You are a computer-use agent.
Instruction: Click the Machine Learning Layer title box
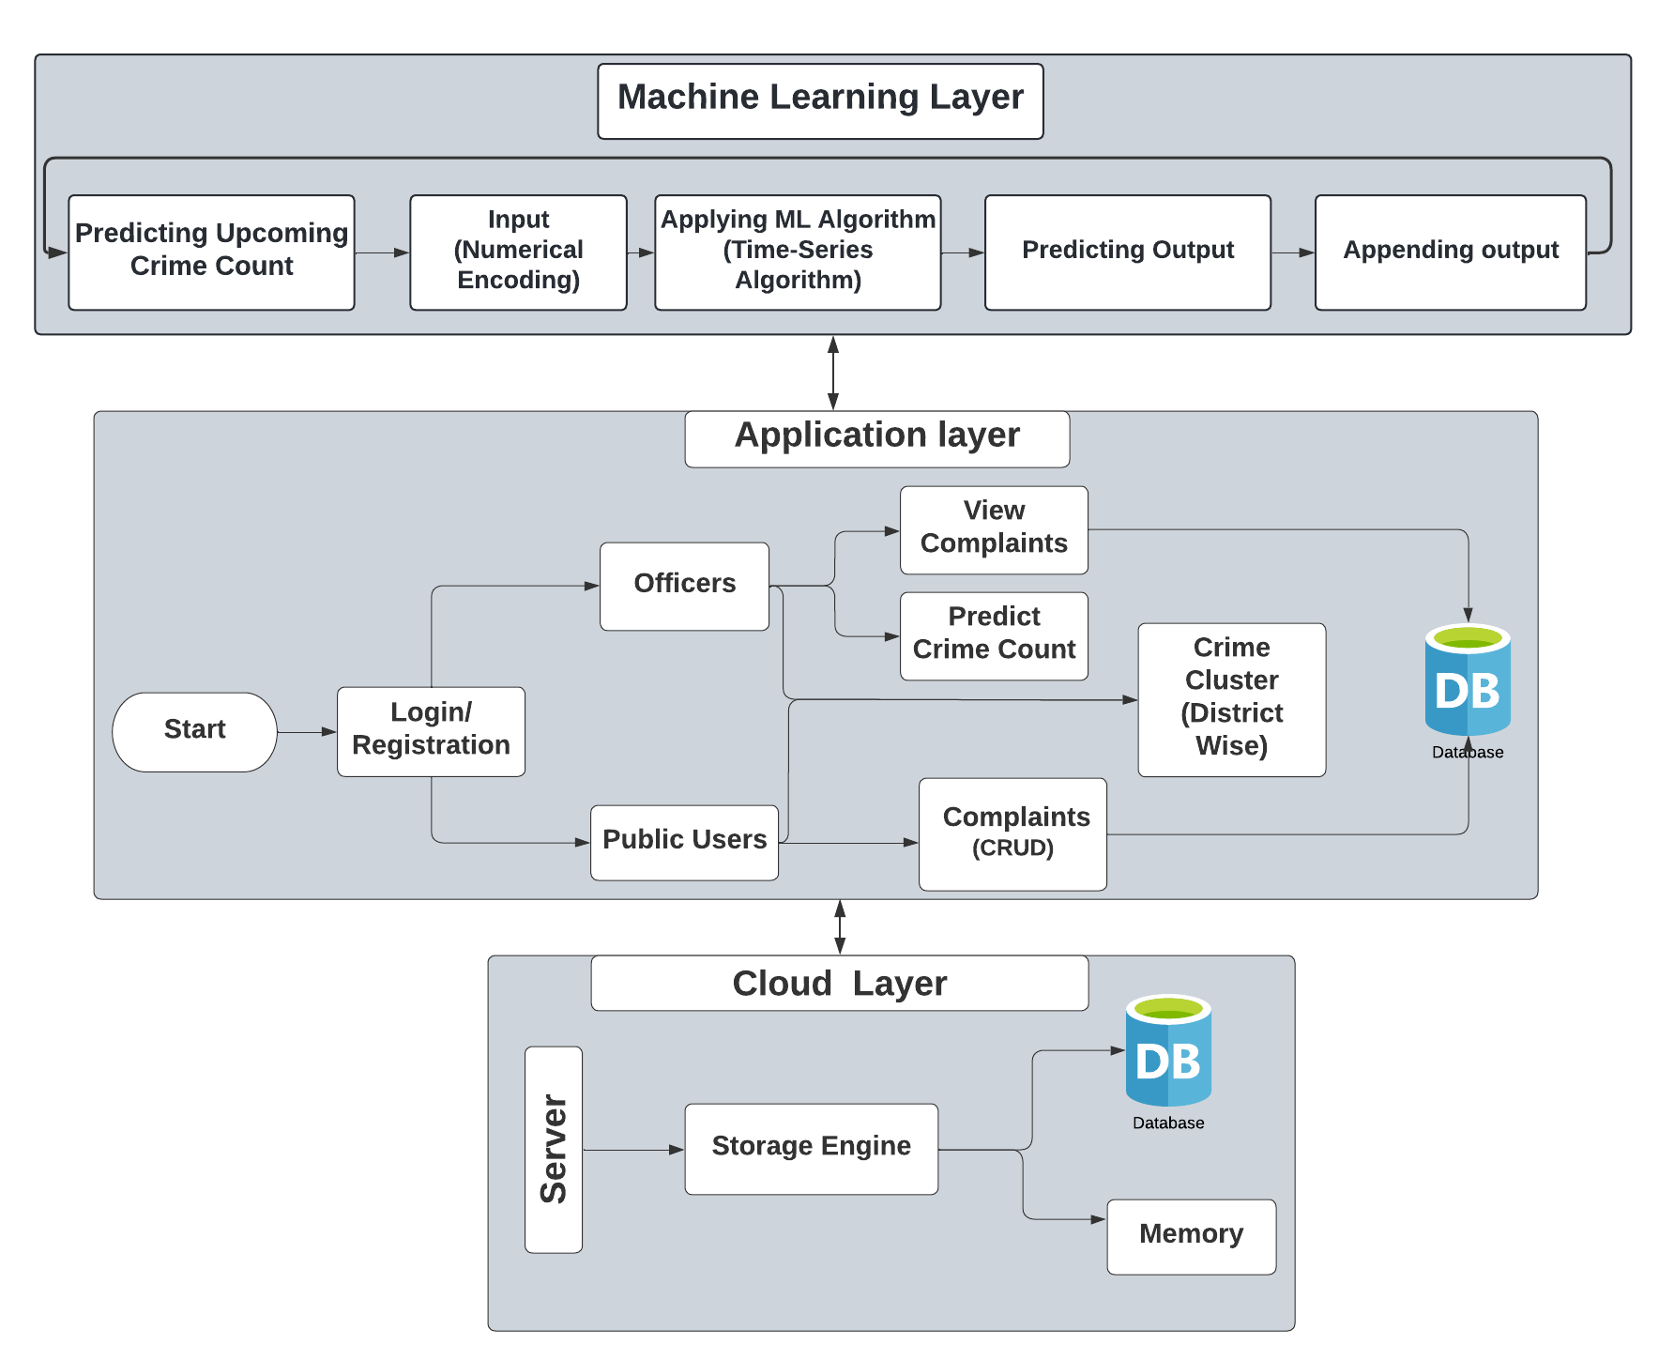tap(820, 100)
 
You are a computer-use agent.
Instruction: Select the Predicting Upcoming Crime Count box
tap(211, 252)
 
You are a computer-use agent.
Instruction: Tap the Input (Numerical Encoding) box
tap(518, 252)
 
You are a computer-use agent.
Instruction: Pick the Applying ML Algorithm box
tap(798, 252)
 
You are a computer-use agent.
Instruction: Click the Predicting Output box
tap(1127, 252)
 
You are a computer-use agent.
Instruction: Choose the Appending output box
tap(1450, 252)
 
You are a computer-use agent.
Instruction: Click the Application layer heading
tap(876, 438)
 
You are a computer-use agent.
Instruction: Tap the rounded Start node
tap(194, 731)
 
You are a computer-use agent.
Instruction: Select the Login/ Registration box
tap(431, 731)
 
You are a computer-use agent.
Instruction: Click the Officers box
tap(684, 586)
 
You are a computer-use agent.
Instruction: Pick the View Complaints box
tap(994, 529)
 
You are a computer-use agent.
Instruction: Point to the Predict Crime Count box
tap(994, 635)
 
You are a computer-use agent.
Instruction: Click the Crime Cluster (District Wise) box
tap(1231, 699)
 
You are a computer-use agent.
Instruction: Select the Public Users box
tap(684, 842)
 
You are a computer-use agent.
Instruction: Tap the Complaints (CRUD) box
tap(1012, 833)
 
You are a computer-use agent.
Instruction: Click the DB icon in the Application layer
tap(1467, 682)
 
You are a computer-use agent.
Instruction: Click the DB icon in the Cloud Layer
tap(1167, 1052)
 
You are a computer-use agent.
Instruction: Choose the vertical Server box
tap(554, 1149)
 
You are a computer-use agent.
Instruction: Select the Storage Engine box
tap(811, 1148)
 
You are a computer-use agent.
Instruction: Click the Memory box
tap(1191, 1236)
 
